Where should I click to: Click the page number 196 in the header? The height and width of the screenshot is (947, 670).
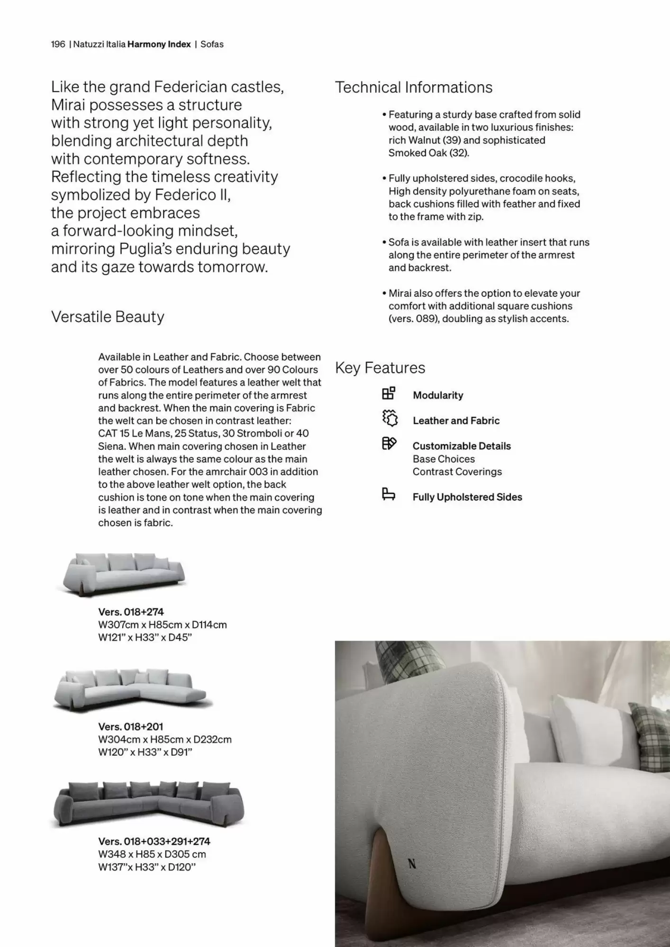[x=58, y=45]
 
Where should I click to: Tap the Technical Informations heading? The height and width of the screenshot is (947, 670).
[x=413, y=88]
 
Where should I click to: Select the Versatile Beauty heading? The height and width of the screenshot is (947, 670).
[x=108, y=317]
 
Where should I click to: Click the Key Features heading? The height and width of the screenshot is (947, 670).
[x=380, y=368]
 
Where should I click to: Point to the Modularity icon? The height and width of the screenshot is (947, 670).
[x=389, y=393]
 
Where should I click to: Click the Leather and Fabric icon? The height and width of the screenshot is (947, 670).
[x=389, y=419]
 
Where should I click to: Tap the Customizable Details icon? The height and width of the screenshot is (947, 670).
[x=389, y=444]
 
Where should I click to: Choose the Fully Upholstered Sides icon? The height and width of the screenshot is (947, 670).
[x=389, y=494]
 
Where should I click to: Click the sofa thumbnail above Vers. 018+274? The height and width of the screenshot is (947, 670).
[x=124, y=573]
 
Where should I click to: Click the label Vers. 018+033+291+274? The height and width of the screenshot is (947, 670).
[x=154, y=841]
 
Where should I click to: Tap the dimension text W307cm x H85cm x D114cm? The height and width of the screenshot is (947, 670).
[x=163, y=625]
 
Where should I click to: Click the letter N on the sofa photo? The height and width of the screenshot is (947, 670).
[x=412, y=864]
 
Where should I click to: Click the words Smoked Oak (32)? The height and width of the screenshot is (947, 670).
[x=428, y=153]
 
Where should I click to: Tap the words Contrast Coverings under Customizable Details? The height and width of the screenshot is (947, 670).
[x=457, y=472]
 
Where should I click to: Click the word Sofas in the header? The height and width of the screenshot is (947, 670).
[x=212, y=45]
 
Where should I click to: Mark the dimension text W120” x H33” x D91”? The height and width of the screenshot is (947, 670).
[x=145, y=752]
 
